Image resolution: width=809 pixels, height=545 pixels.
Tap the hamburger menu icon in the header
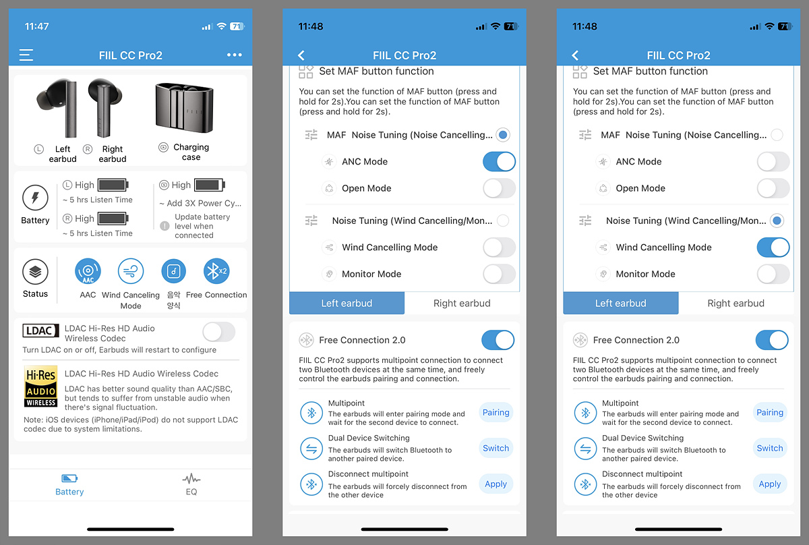click(x=26, y=55)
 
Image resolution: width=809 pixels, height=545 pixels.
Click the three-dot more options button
click(x=235, y=55)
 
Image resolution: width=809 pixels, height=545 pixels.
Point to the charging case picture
click(x=184, y=107)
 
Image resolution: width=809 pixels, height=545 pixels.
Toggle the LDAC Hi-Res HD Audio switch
click(x=219, y=332)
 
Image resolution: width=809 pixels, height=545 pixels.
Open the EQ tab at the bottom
click(x=191, y=484)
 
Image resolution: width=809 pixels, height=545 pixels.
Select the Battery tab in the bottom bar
click(x=69, y=484)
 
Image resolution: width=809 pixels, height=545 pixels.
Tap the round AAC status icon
click(x=88, y=271)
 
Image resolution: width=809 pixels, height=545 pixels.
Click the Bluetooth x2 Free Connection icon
click(x=216, y=271)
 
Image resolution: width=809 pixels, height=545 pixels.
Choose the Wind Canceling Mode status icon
click(x=131, y=271)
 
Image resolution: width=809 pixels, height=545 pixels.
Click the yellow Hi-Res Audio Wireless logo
click(x=41, y=386)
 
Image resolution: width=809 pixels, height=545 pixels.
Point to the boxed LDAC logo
click(x=40, y=331)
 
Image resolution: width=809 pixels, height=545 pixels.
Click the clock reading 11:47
click(x=36, y=26)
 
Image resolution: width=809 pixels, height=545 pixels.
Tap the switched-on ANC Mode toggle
click(x=499, y=162)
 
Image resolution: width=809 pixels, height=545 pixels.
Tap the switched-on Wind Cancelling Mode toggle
click(x=773, y=247)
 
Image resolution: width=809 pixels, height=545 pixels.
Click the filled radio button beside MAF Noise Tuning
click(x=503, y=135)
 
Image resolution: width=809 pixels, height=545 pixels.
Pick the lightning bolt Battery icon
click(x=35, y=198)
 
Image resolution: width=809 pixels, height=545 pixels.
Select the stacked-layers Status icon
click(x=35, y=272)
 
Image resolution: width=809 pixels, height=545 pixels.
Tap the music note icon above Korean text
click(x=174, y=271)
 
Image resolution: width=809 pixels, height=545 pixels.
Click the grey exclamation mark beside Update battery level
click(x=164, y=226)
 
